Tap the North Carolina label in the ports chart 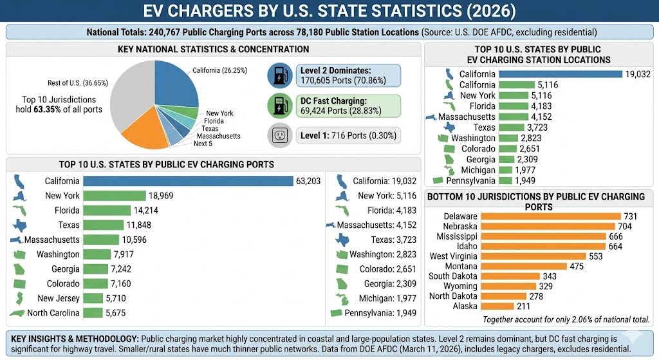(53, 313)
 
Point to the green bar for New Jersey (93, 298)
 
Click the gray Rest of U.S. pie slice (132, 90)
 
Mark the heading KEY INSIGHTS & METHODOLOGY (74, 338)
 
